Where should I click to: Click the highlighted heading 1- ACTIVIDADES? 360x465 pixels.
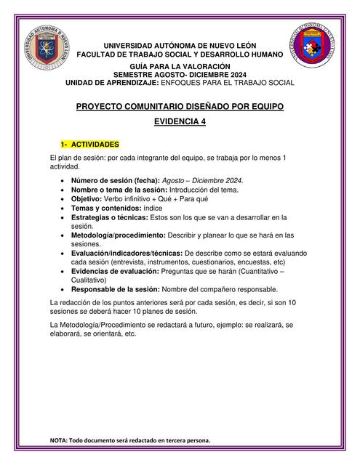pos(89,144)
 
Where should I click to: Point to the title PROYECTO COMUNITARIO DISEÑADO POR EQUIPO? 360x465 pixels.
pos(180,106)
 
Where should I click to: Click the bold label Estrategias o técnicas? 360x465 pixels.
pos(110,217)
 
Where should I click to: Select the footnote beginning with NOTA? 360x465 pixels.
pos(130,440)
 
